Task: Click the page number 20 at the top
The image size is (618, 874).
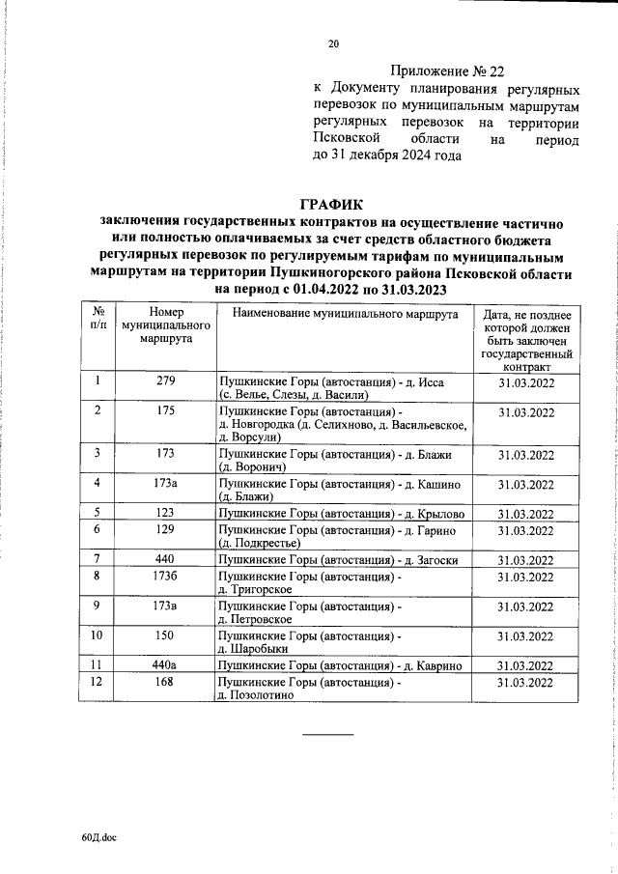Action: (334, 43)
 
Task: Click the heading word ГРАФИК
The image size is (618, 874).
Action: (333, 204)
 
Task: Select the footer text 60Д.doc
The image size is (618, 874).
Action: (98, 839)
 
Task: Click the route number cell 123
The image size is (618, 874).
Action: (165, 513)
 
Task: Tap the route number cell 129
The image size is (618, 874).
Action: (165, 530)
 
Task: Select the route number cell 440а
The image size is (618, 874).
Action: (165, 665)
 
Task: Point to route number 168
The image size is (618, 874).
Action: (165, 683)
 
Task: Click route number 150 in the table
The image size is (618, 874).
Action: (165, 635)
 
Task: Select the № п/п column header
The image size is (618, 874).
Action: (98, 321)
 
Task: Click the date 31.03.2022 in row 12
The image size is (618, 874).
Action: (525, 683)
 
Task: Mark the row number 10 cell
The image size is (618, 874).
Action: (98, 635)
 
